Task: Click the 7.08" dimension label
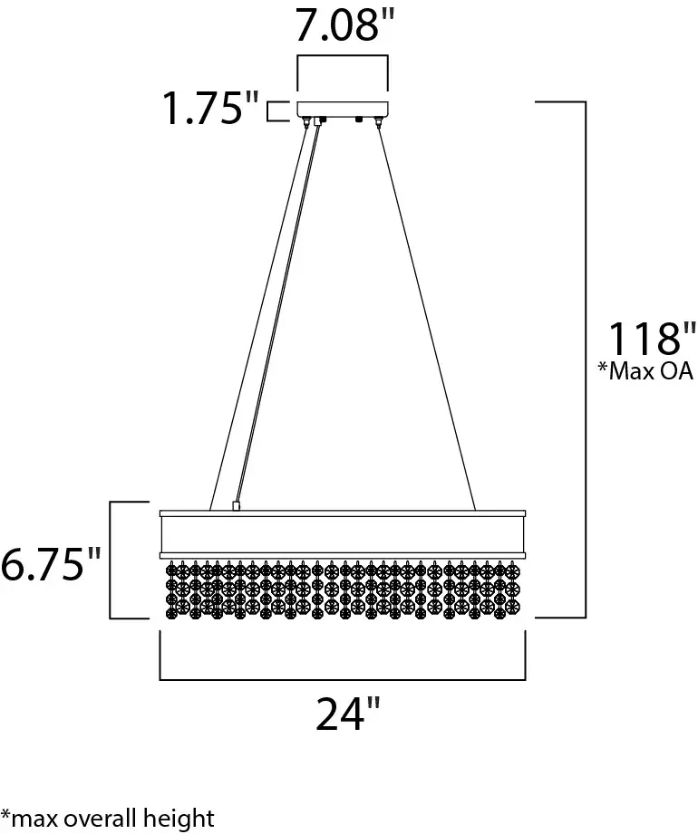click(345, 25)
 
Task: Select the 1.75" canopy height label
click(209, 109)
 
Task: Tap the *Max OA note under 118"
click(645, 370)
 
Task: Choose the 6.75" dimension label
click(50, 564)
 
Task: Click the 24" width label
click(348, 714)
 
